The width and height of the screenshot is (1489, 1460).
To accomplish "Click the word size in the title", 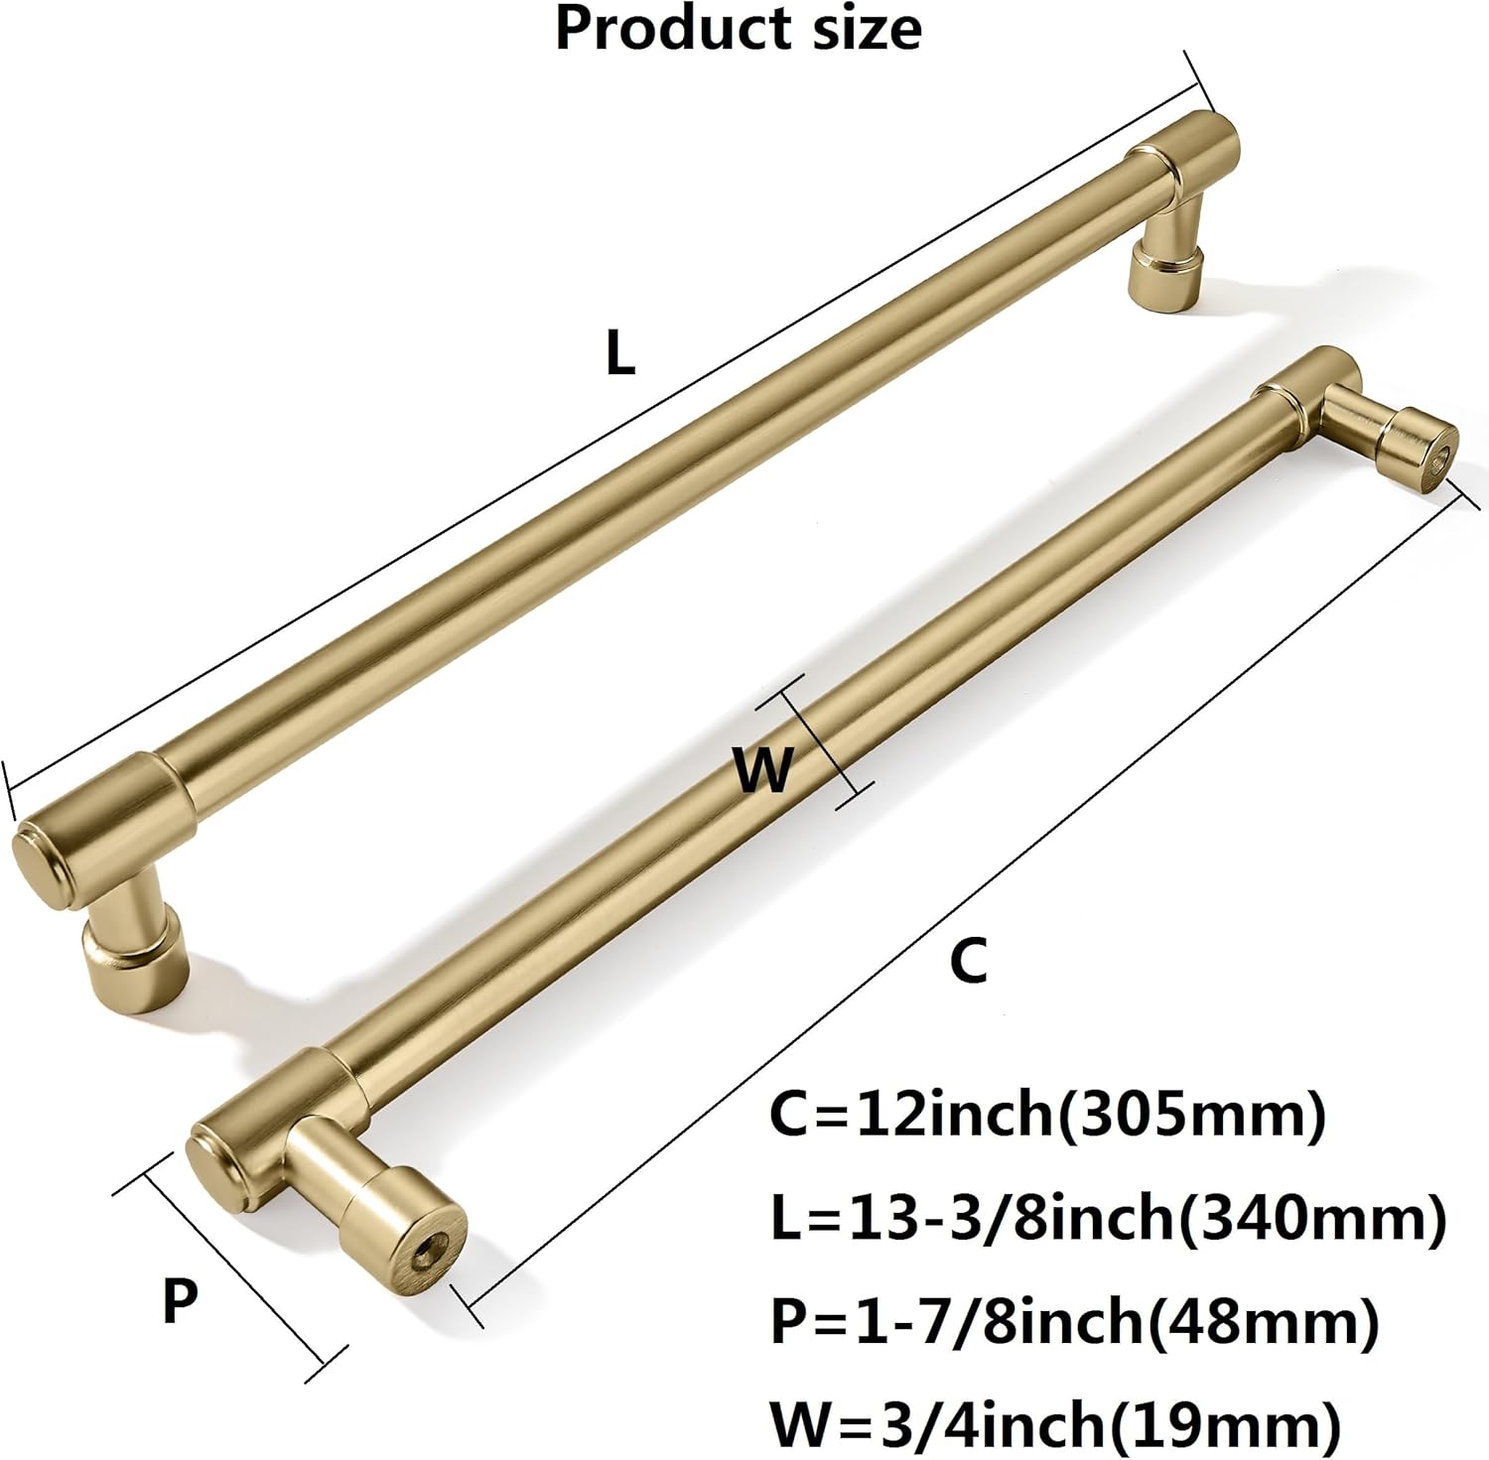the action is (x=866, y=28).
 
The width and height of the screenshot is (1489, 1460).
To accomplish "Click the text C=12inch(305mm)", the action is (x=1048, y=1115).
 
